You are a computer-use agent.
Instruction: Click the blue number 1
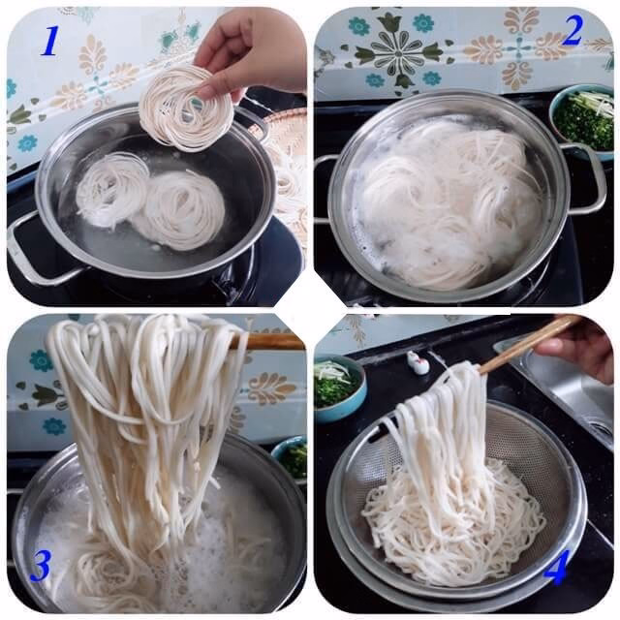coord(50,41)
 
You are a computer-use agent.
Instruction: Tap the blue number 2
coord(573,30)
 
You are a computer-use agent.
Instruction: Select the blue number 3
coord(41,566)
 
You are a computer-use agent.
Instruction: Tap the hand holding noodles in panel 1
coord(250,51)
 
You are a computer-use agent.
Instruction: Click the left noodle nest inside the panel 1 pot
coord(111,189)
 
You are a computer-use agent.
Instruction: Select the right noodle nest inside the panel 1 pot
coord(180,210)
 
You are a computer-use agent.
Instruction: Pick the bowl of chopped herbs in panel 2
coord(582,121)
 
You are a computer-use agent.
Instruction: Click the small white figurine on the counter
coord(418,361)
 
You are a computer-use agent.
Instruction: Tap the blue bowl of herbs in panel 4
coord(339,387)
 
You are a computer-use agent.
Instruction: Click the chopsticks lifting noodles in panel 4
coord(522,345)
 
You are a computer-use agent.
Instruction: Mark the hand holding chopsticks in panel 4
coord(577,348)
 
